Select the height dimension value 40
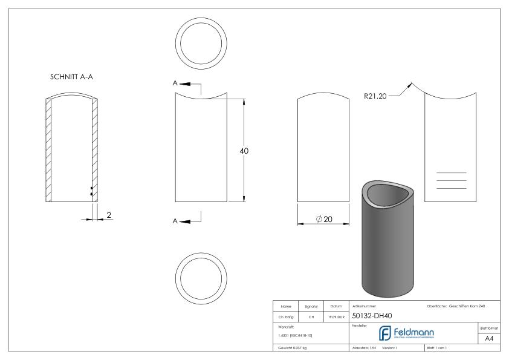pos(244,151)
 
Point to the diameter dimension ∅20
pos(324,218)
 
